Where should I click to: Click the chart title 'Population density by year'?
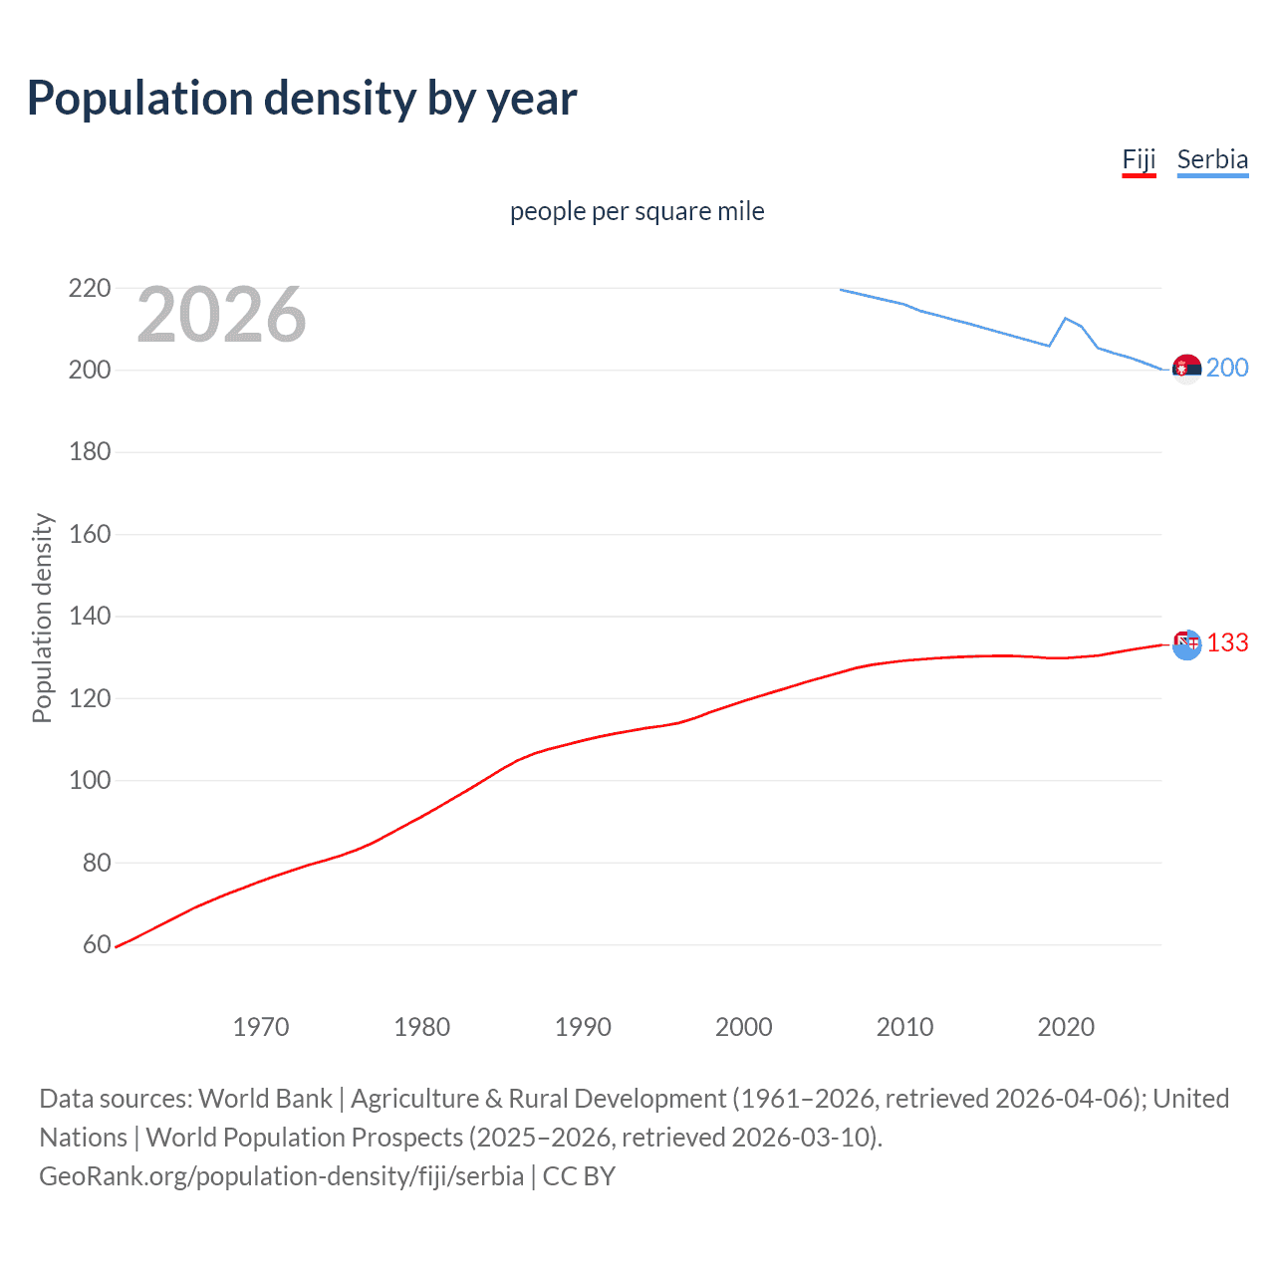[x=302, y=99]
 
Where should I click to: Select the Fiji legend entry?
[x=1139, y=159]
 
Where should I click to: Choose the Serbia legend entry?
[x=1212, y=159]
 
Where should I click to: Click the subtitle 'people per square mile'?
[x=637, y=211]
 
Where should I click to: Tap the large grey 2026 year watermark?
[x=221, y=315]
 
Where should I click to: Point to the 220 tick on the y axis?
[x=90, y=289]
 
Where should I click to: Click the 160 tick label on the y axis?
[x=90, y=534]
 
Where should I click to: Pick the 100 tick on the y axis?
[x=90, y=780]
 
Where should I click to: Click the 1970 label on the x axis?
[x=261, y=1027]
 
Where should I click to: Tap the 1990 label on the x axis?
[x=583, y=1027]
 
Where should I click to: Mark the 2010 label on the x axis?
[x=904, y=1027]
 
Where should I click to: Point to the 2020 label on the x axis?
[x=1066, y=1027]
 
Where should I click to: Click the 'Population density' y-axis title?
[x=42, y=618]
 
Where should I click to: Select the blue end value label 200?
[x=1227, y=369]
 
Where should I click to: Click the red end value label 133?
[x=1227, y=643]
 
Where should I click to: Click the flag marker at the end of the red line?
[x=1186, y=644]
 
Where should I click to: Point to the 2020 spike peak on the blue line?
[x=1066, y=318]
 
